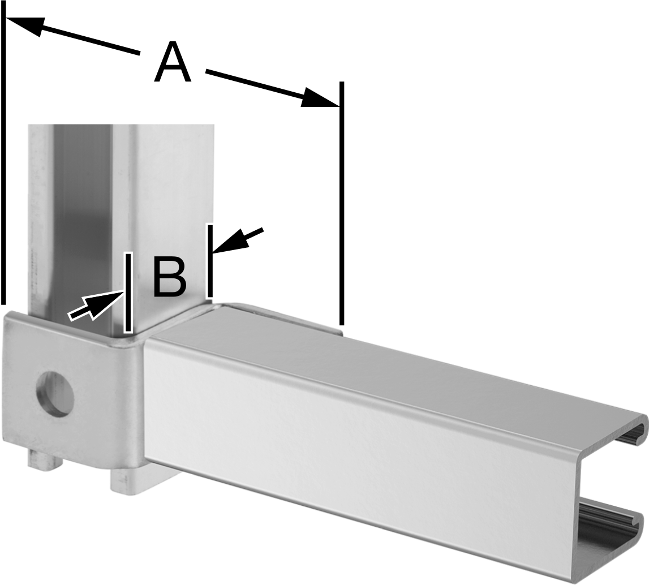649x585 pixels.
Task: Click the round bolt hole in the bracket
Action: (x=55, y=393)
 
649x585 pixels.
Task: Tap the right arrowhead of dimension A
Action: (x=320, y=98)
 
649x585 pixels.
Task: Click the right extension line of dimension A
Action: (x=341, y=203)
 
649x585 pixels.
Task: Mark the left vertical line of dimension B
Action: (x=128, y=293)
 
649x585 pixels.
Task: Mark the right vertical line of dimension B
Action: (x=210, y=261)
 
